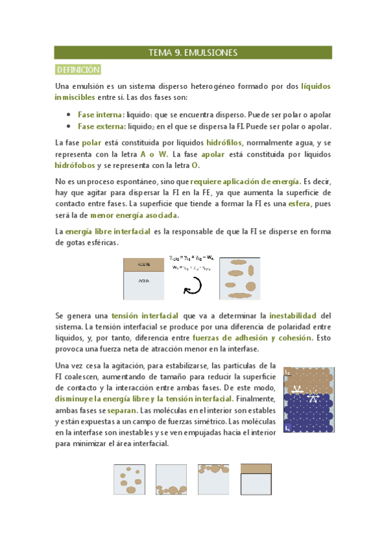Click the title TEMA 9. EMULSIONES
click(193, 53)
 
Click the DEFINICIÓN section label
click(78, 70)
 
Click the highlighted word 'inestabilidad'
click(293, 316)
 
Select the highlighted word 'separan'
click(121, 409)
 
